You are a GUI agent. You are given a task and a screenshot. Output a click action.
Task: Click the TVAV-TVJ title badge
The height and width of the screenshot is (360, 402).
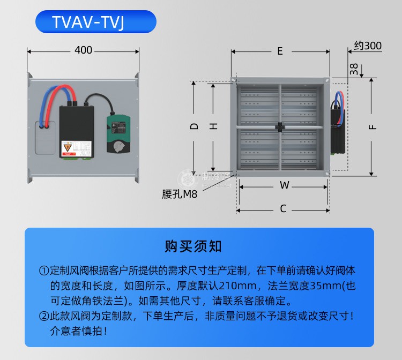click(95, 22)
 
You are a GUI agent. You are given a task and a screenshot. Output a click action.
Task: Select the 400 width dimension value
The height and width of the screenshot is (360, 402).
click(83, 50)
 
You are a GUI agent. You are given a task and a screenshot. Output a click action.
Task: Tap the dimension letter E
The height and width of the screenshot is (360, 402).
click(280, 51)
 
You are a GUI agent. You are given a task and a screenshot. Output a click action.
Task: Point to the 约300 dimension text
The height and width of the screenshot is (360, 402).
click(368, 46)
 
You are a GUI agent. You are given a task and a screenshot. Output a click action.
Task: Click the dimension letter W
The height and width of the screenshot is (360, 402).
click(285, 185)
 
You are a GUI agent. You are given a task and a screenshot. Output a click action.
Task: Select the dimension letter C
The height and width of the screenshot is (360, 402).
click(282, 208)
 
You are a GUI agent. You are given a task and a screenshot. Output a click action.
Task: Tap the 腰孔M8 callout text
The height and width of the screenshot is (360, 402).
click(180, 195)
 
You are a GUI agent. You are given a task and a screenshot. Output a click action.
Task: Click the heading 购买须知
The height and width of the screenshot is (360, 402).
click(193, 246)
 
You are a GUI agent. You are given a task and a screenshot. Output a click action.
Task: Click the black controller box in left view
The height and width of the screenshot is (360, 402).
click(76, 130)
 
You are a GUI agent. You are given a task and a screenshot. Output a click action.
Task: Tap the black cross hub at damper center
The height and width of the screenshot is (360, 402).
click(280, 127)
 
